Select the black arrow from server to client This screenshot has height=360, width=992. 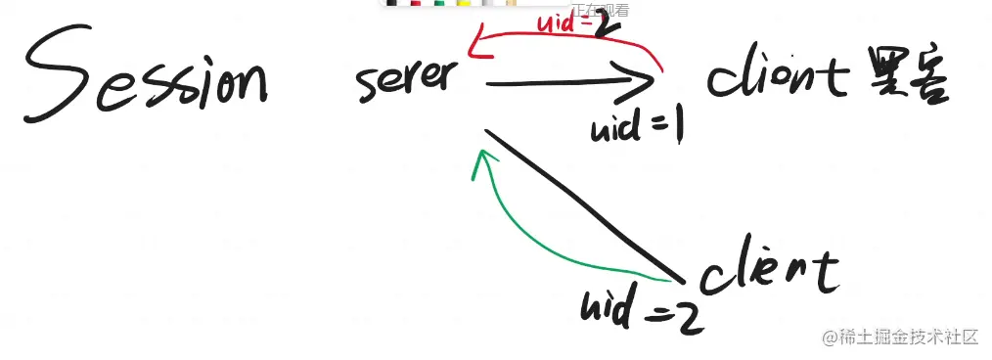[567, 83]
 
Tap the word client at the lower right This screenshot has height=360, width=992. [772, 268]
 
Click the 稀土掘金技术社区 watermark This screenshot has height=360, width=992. [901, 337]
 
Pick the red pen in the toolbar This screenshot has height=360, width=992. [415, 4]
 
